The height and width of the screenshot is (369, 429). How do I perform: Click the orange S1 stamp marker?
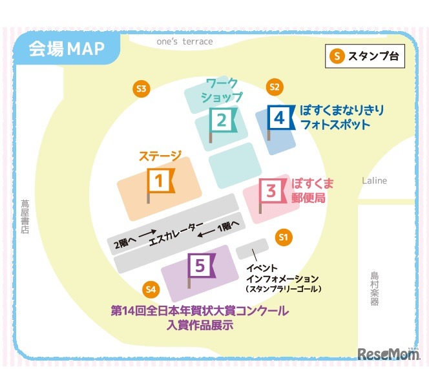[x=282, y=237]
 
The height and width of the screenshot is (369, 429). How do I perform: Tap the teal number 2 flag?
[x=222, y=120]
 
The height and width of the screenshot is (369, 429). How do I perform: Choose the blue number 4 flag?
[x=280, y=118]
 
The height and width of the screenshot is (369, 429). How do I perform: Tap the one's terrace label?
[x=184, y=41]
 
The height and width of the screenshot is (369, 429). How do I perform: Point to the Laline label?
[x=375, y=180]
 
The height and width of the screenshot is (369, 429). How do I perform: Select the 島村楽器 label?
[x=375, y=288]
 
